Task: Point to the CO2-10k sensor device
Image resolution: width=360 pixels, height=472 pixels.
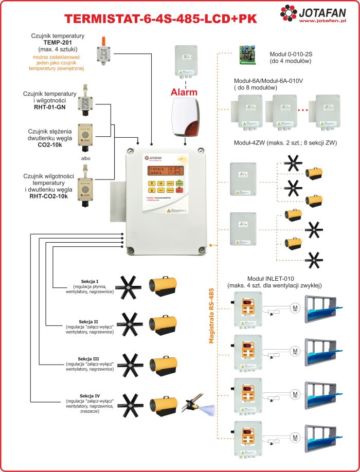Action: click(85, 135)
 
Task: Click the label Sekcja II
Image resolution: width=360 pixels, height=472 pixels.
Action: click(89, 322)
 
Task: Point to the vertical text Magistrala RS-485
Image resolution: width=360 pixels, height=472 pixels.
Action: click(210, 308)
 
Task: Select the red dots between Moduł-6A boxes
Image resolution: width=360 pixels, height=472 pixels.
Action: click(303, 110)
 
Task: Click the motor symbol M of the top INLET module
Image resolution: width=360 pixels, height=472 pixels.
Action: click(295, 308)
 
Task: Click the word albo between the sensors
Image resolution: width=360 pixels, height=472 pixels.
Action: click(85, 158)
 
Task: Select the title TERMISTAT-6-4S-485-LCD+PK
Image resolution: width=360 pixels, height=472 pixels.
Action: click(160, 19)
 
